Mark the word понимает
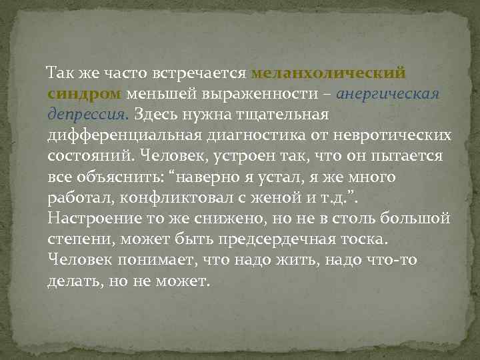(159, 261)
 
